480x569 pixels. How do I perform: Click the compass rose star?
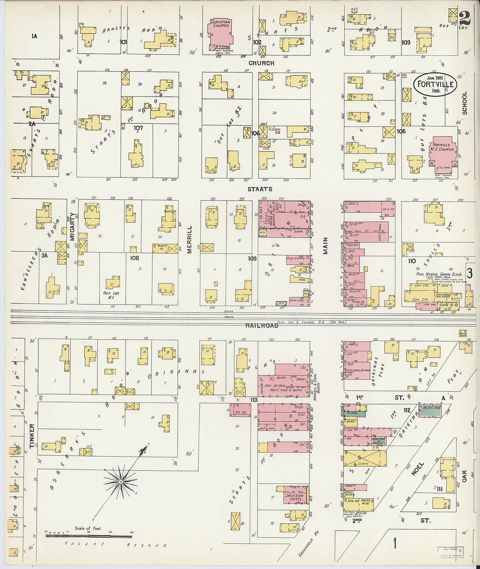120,481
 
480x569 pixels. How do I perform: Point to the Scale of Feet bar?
89,536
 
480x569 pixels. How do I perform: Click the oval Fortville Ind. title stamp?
435,84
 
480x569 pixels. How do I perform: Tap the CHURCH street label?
261,63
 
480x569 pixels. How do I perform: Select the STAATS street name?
260,189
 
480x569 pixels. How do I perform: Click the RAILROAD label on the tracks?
261,326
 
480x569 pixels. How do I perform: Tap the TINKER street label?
31,436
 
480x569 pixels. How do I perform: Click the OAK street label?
464,476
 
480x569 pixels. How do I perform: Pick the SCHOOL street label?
464,103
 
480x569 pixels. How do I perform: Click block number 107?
138,128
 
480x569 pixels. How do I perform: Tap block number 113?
254,400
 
